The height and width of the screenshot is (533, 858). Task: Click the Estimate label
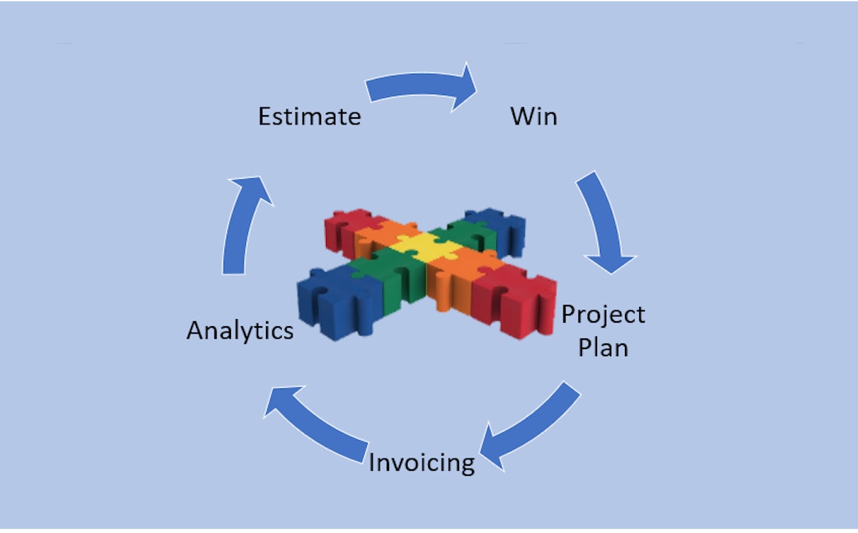click(309, 116)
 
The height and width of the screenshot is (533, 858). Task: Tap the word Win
click(533, 116)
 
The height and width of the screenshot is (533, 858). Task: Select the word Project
click(603, 315)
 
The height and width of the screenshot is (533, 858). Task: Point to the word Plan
click(603, 348)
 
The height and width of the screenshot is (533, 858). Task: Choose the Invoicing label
click(421, 463)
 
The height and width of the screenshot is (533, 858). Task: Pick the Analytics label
click(240, 331)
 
